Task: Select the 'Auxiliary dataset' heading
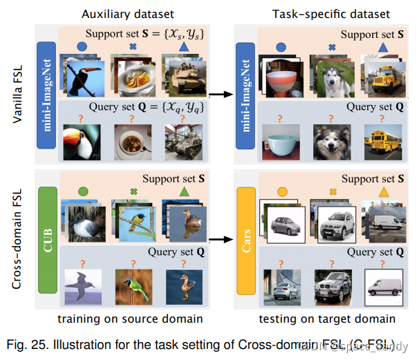click(126, 14)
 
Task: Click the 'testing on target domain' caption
click(326, 319)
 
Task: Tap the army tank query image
click(183, 143)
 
